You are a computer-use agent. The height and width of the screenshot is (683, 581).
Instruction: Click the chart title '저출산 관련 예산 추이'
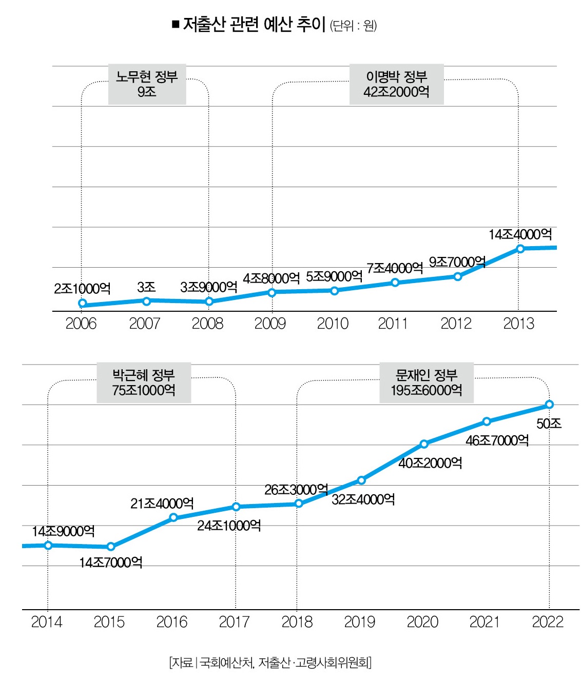pyautogui.click(x=254, y=25)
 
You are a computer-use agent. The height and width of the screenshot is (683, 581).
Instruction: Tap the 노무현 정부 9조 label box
pyautogui.click(x=147, y=84)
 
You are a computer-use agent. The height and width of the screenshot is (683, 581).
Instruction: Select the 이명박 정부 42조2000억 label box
pyautogui.click(x=396, y=84)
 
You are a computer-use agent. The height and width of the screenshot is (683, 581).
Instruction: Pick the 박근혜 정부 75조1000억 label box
pyautogui.click(x=144, y=383)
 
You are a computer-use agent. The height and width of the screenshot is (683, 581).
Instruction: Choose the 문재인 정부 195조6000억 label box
pyautogui.click(x=426, y=383)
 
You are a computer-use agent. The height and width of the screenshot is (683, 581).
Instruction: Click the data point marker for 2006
pyautogui.click(x=82, y=303)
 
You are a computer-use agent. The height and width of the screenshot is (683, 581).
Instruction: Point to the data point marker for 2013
pyautogui.click(x=520, y=249)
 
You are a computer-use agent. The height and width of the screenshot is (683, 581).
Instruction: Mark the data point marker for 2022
pyautogui.click(x=549, y=404)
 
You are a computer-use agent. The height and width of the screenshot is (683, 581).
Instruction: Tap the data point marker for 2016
pyautogui.click(x=173, y=517)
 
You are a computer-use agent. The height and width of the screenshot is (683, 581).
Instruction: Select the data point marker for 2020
pyautogui.click(x=424, y=444)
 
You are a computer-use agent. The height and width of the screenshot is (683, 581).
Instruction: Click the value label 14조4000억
pyautogui.click(x=520, y=234)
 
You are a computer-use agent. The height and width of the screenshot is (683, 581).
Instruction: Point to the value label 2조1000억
pyautogui.click(x=82, y=288)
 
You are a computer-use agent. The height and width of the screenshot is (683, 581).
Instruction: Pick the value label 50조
pyautogui.click(x=549, y=424)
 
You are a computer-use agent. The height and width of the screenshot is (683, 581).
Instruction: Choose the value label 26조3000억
pyautogui.click(x=296, y=490)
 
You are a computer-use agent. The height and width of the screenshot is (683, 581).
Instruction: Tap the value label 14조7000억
pyautogui.click(x=111, y=563)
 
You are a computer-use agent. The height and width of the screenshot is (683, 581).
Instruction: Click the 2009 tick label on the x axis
pyautogui.click(x=270, y=324)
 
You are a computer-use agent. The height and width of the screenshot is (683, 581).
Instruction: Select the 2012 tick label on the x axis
pyautogui.click(x=456, y=324)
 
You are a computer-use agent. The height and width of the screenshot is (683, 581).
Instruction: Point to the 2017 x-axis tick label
pyautogui.click(x=235, y=622)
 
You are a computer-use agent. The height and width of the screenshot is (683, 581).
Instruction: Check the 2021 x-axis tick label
pyautogui.click(x=485, y=622)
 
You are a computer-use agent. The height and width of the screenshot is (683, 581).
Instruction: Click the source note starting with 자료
pyautogui.click(x=270, y=662)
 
